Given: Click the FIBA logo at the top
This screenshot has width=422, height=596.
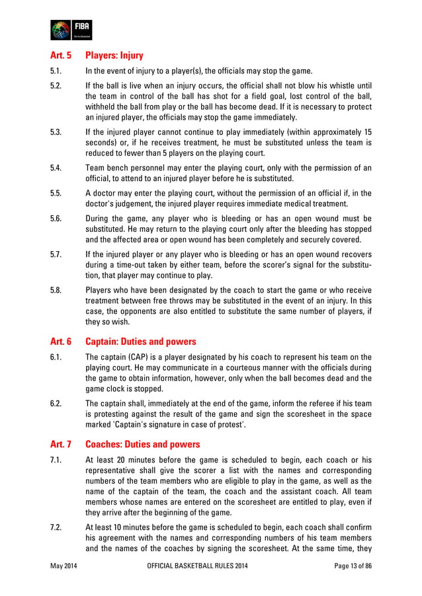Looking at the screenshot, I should pyautogui.click(x=71, y=30).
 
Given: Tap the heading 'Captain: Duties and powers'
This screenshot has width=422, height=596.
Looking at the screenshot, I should pyautogui.click(x=141, y=342).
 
